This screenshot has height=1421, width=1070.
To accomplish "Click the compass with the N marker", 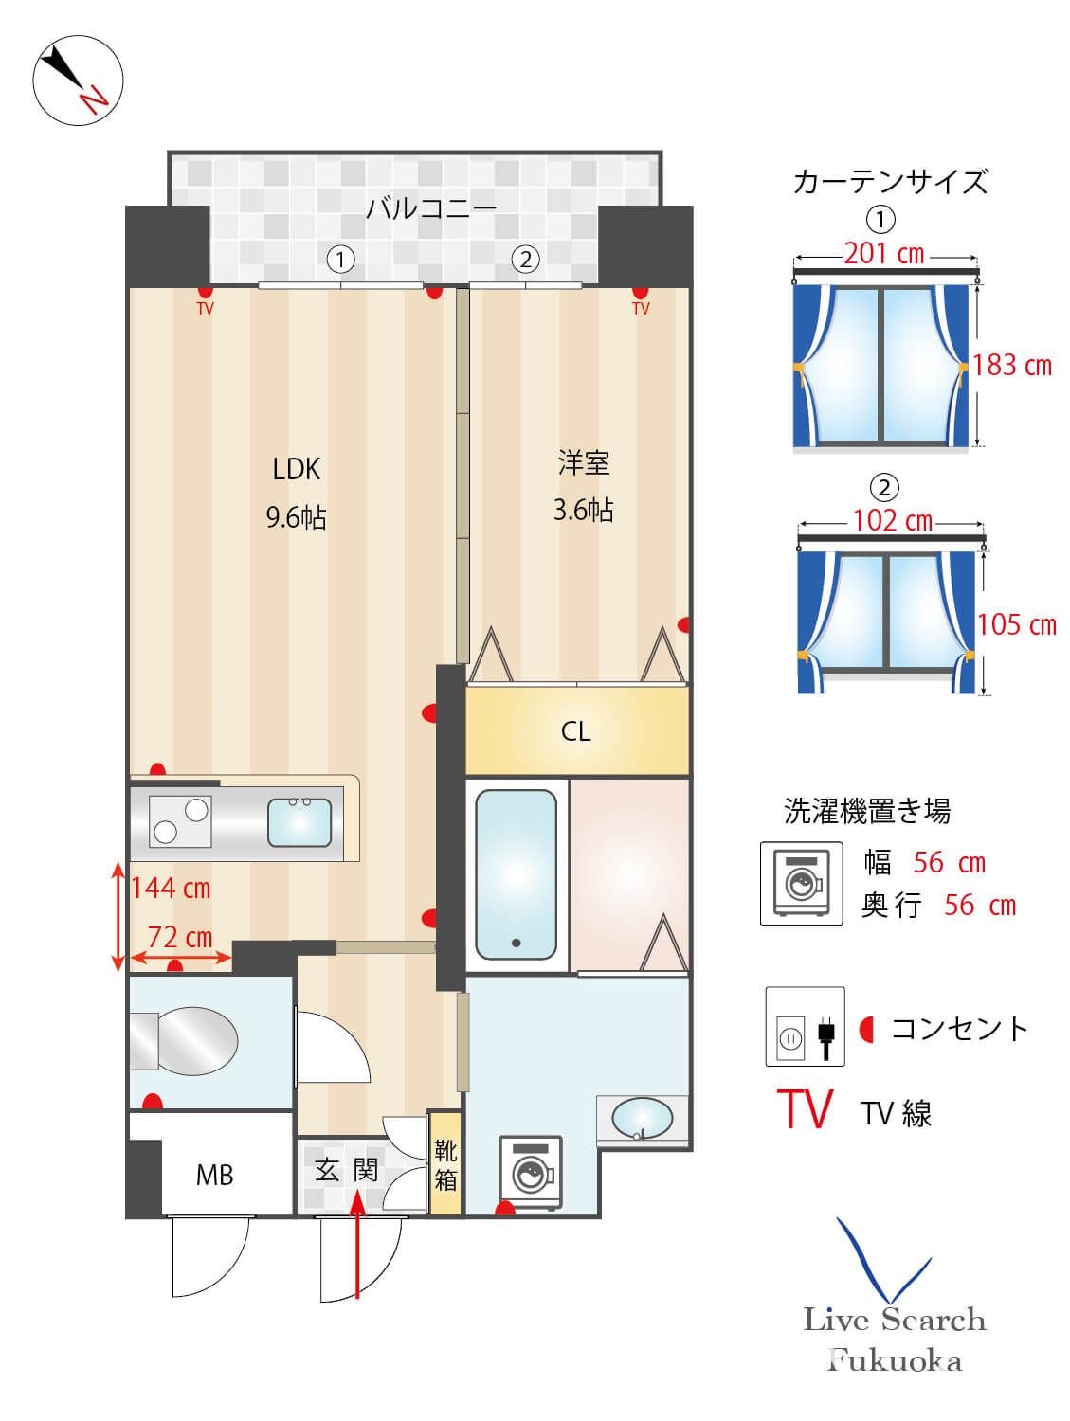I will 78,81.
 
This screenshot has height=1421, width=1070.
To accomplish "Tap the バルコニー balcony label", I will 431,207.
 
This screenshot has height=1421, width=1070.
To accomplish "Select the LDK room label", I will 296,469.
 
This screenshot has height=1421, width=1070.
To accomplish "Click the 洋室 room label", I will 583,463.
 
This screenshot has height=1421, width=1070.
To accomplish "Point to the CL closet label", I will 575,731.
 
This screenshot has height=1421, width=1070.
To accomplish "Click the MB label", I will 214,1176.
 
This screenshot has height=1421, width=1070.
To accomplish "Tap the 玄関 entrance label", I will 347,1170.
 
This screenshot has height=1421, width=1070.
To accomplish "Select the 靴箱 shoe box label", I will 445,1165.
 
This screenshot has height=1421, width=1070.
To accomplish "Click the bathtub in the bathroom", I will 516,873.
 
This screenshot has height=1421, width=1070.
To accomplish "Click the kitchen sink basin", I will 299,821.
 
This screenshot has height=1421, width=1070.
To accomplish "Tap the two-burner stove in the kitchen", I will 180,821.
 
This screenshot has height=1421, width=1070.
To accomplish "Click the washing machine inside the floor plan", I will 531,1172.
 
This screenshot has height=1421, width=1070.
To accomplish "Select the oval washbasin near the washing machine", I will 642,1120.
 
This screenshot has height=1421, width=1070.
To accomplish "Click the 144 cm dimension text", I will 171,889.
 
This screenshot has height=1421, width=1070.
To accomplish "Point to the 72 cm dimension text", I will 180,937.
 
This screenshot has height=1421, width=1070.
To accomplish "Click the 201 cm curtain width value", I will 883,254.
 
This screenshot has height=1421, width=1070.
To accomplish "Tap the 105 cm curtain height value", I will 1016,624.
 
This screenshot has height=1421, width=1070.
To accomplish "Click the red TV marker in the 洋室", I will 641,309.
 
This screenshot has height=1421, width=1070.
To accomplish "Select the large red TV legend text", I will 805,1109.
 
